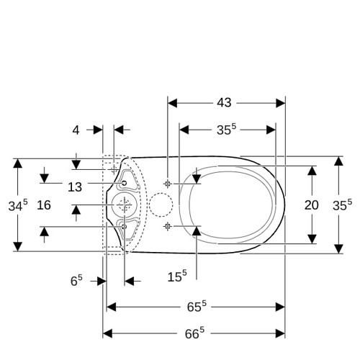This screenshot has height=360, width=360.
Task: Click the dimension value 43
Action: [x=224, y=103]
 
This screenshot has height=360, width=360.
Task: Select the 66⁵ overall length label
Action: [x=194, y=333]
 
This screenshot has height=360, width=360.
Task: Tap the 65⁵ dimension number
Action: [x=197, y=307]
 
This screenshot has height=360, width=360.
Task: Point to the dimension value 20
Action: [x=312, y=205]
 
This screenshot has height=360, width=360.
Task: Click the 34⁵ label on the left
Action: [x=18, y=205]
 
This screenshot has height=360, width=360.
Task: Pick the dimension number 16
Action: [x=44, y=205]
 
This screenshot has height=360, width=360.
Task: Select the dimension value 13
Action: [x=75, y=187]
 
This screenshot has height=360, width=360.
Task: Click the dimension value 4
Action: [x=76, y=130]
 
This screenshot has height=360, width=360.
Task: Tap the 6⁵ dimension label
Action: [x=76, y=280]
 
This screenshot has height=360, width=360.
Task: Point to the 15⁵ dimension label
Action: [x=177, y=276]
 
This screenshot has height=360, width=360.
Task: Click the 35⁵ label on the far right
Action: [x=342, y=204]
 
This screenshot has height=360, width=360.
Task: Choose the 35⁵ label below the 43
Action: [x=226, y=130]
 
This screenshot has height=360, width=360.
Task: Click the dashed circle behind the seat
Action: [x=161, y=204]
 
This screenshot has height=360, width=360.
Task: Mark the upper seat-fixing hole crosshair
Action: [x=168, y=184]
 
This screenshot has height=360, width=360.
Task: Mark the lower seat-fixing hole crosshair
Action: [x=168, y=226]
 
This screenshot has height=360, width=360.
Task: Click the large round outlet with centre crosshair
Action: [x=125, y=204]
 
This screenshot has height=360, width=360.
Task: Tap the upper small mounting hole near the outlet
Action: [x=124, y=183]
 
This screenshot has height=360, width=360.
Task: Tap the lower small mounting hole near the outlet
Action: [x=124, y=226]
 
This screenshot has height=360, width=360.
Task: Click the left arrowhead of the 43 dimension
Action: [x=172, y=103]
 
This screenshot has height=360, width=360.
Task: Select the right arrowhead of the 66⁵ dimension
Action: [x=280, y=333]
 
